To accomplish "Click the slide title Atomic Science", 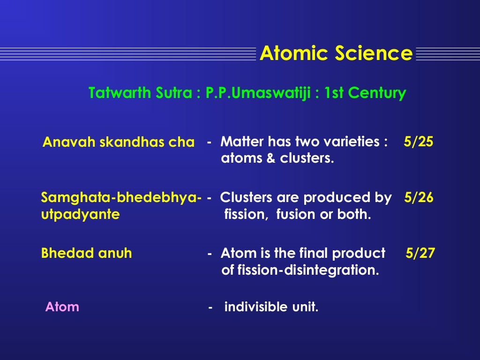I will pyautogui.click(x=336, y=53).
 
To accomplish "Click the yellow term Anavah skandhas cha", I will pyautogui.click(x=118, y=142).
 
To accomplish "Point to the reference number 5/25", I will pyautogui.click(x=418, y=142).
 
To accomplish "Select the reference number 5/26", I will pyautogui.click(x=419, y=198).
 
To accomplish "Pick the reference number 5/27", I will pyautogui.click(x=420, y=254).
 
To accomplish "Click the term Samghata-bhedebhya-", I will pyautogui.click(x=121, y=198).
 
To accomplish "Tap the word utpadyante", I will pyautogui.click(x=80, y=215).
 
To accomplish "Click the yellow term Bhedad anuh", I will pyautogui.click(x=86, y=254).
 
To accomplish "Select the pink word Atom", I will pyautogui.click(x=62, y=307).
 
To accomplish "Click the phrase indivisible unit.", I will pyautogui.click(x=271, y=307).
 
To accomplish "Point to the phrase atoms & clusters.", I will pyautogui.click(x=277, y=158).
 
